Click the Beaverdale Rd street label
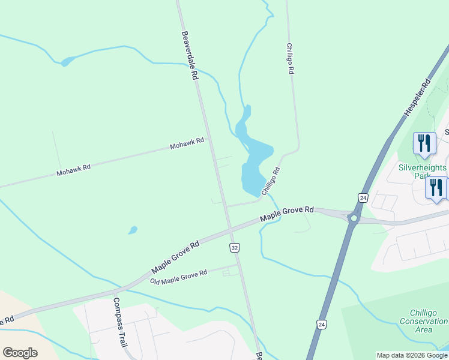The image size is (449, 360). coord(189,56)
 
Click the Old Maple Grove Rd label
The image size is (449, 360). coord(178,277)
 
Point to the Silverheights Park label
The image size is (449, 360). coord(423,172)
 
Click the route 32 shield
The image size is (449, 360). coord(235,247)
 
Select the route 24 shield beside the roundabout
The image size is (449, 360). coord(363,197)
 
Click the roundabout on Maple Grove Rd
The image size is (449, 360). coord(354,218)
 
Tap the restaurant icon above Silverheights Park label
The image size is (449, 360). coord(424,143)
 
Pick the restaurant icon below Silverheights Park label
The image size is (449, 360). coord(436,187)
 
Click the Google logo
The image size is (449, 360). coord(20,352)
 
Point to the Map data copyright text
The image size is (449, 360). coord(412,355)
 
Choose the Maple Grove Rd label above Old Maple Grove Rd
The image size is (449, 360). coord(175,256)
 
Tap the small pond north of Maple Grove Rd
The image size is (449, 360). coord(133,230)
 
